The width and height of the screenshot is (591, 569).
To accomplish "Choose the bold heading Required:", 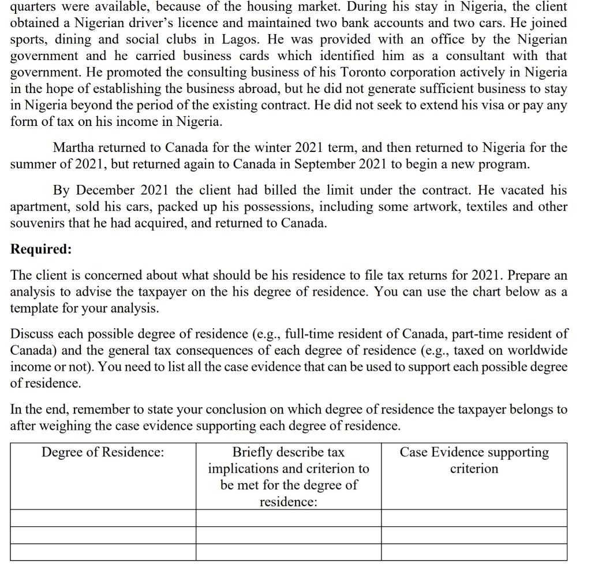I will [41, 249].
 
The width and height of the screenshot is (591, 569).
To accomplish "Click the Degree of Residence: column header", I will [103, 452].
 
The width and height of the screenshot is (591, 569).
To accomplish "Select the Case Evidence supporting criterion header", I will [474, 460].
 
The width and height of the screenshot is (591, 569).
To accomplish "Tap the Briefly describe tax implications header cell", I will [288, 477].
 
